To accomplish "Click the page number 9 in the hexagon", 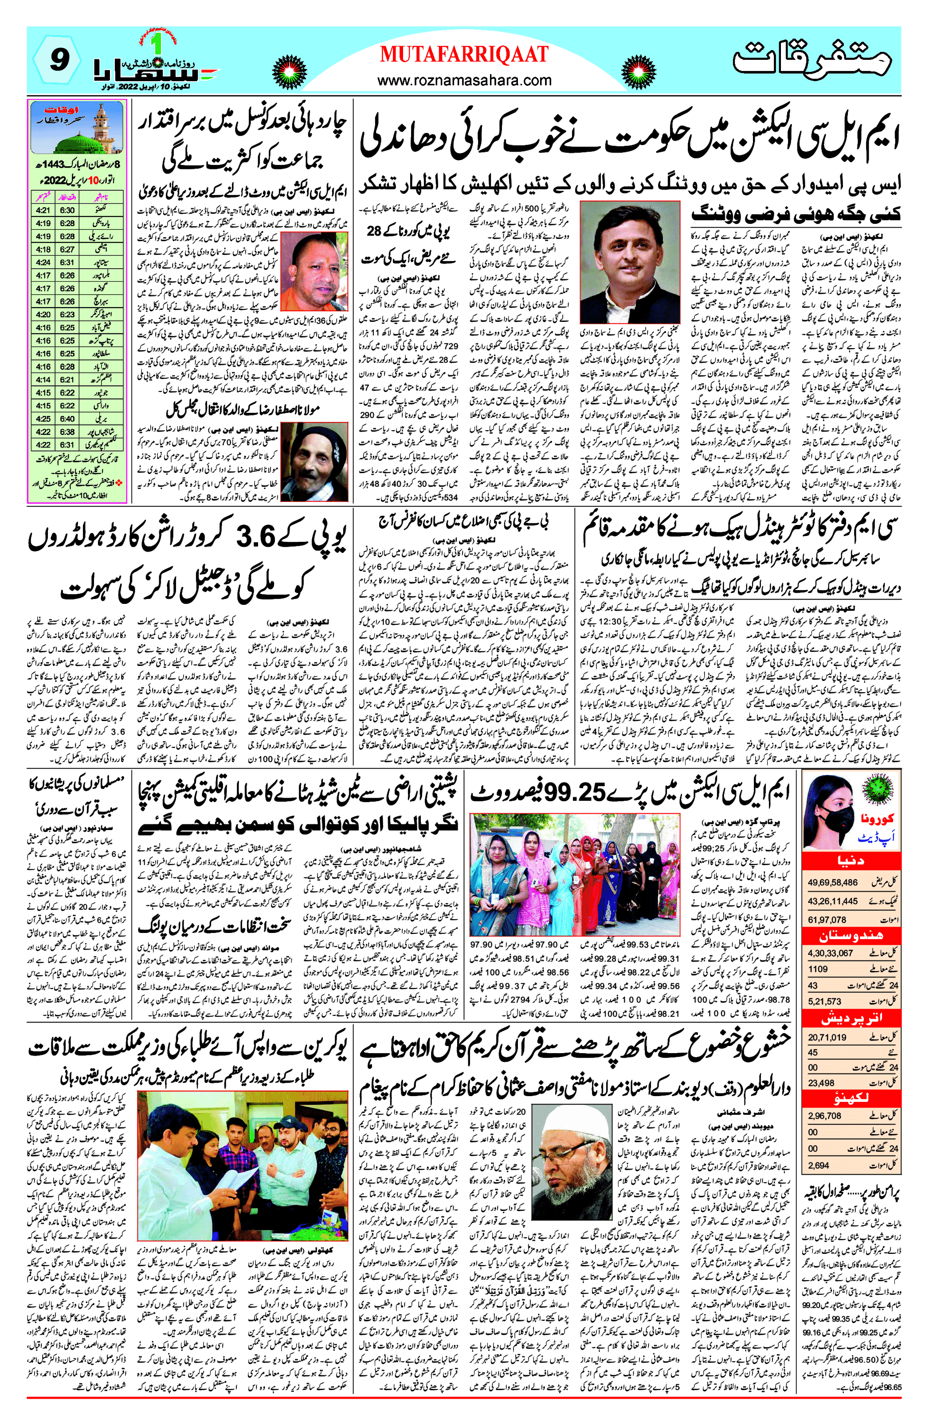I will (x=58, y=60).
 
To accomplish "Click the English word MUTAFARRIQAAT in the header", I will (x=464, y=55).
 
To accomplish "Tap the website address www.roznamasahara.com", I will (x=464, y=80).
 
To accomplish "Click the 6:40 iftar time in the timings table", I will (x=67, y=419).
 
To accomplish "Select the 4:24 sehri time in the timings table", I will (x=43, y=262).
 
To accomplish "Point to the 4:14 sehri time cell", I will (x=43, y=380).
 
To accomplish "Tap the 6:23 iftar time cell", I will (x=67, y=314).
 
